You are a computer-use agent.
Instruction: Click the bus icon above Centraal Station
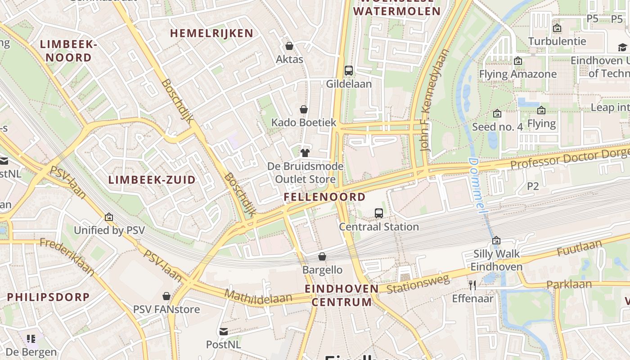(x=379, y=213)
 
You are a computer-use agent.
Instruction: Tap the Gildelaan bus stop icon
(x=349, y=71)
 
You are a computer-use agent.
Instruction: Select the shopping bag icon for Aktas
(x=289, y=46)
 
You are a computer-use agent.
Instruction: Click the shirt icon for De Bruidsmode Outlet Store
(x=305, y=153)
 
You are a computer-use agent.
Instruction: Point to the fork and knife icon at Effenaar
(x=472, y=285)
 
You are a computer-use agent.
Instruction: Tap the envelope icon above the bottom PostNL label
(x=223, y=332)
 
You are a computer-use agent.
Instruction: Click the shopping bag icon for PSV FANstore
(x=166, y=296)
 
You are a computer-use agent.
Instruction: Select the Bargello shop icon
(x=322, y=256)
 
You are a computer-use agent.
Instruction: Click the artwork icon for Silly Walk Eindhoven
(x=496, y=241)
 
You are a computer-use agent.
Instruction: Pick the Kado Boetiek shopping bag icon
(x=304, y=109)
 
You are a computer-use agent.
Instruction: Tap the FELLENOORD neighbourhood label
(x=324, y=197)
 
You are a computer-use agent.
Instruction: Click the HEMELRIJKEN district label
(x=211, y=33)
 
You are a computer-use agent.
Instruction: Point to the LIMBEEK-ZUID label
(x=152, y=180)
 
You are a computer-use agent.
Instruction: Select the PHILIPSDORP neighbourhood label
(x=49, y=297)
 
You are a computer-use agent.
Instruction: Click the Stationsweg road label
(x=418, y=283)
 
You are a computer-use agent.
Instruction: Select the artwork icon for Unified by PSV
(x=108, y=217)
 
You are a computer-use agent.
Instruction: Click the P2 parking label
(x=533, y=186)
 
